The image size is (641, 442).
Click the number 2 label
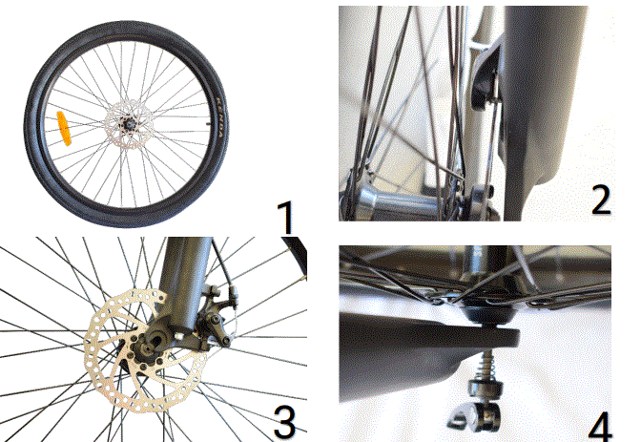(599, 200)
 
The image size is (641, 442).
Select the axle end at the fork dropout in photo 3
(158, 340)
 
